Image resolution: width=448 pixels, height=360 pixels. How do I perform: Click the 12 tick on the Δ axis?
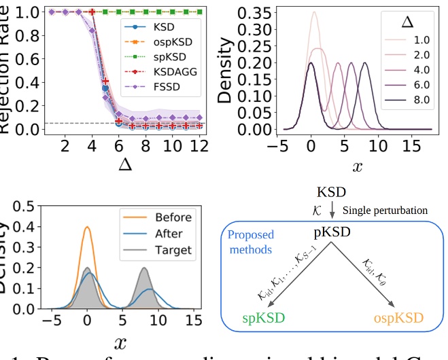pos(198,147)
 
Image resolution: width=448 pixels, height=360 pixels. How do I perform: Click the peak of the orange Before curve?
pos(86,228)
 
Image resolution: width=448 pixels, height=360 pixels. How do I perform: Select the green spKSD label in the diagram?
pos(264,317)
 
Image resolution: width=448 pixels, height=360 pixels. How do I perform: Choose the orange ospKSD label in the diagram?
pos(398,317)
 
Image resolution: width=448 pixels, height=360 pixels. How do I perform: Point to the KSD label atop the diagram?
pos(332,192)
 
